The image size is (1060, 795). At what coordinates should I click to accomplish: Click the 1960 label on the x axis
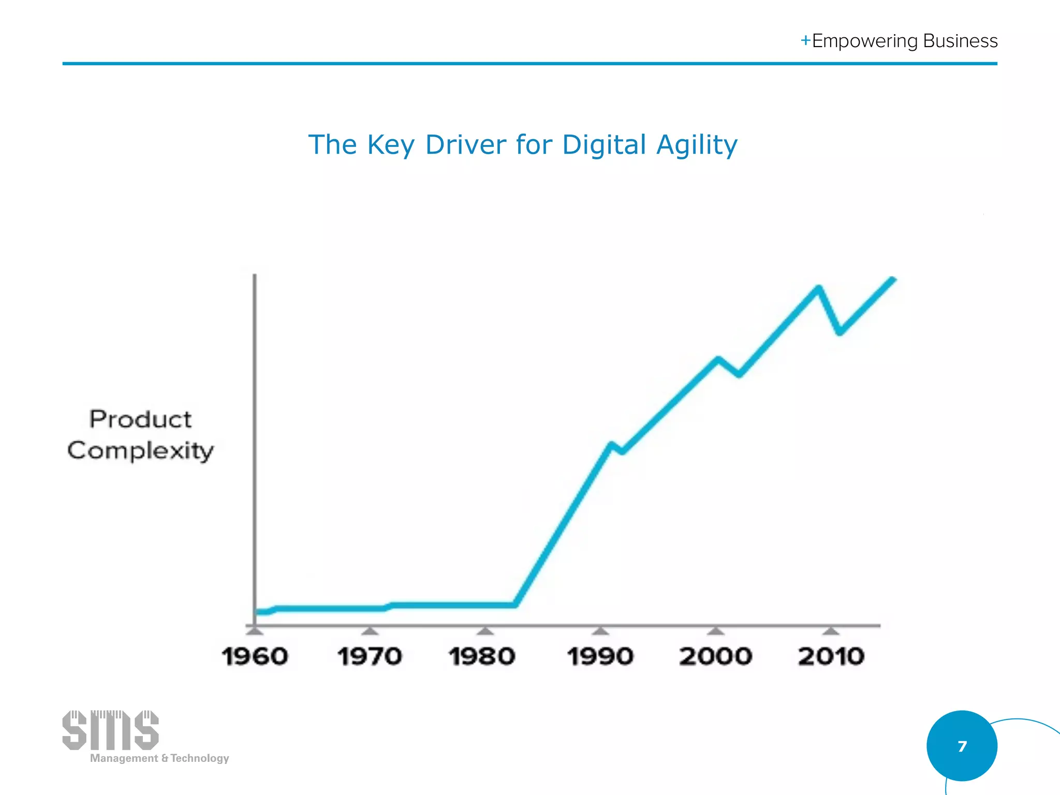(x=255, y=657)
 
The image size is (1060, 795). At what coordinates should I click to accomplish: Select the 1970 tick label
(x=370, y=657)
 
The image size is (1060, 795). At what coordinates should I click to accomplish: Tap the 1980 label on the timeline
(x=482, y=657)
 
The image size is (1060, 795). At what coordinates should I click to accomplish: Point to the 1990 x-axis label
(x=600, y=657)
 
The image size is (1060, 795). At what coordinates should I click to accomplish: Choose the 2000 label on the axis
(x=715, y=657)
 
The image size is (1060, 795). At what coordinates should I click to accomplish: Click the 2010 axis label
(x=831, y=657)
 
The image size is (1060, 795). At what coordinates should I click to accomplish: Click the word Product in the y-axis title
(x=140, y=419)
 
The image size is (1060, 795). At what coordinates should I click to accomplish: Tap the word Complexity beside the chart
(x=140, y=451)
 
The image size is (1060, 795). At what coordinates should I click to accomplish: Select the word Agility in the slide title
(x=697, y=145)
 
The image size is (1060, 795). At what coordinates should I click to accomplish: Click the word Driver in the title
(x=465, y=145)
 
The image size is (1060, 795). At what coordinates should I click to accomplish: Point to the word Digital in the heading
(x=604, y=145)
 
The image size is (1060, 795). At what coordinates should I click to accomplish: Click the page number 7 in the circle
(x=962, y=746)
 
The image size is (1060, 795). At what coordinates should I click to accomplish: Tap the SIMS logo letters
(x=110, y=730)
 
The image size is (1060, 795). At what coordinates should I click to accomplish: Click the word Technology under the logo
(x=200, y=758)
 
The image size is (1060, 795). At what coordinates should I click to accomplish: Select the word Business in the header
(x=960, y=41)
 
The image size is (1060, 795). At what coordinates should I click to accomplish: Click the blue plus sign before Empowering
(x=805, y=40)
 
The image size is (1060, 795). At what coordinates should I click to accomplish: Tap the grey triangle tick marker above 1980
(x=485, y=630)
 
